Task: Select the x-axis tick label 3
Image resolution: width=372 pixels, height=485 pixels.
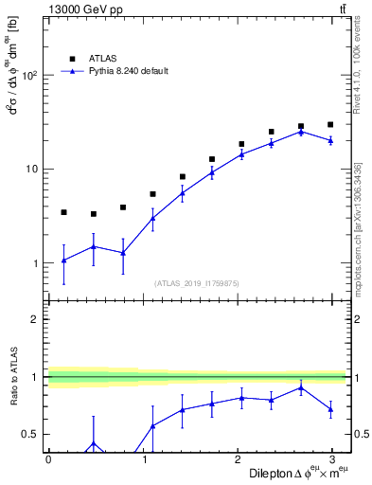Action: coord(337,458)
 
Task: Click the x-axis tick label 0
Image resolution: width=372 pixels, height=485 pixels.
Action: coord(48,458)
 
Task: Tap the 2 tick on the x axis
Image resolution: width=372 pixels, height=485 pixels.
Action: coord(240,458)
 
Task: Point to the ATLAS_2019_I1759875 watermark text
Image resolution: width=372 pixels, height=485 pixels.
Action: coord(197,283)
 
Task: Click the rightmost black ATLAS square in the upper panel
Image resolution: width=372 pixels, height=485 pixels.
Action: coord(330,124)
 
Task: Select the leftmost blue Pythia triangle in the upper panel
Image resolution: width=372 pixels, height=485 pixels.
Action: coord(63,260)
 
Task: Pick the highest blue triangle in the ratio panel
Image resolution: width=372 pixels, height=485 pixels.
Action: coord(301,387)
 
